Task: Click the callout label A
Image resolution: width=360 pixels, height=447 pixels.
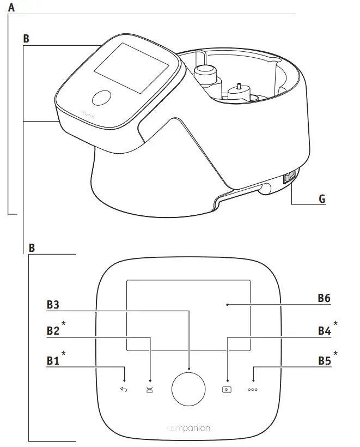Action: (12, 8)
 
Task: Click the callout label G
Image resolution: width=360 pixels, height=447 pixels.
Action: (322, 200)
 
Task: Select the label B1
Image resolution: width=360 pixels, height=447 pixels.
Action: (52, 360)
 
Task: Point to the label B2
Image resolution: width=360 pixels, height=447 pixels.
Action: (53, 331)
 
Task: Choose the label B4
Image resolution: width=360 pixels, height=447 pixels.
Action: (325, 331)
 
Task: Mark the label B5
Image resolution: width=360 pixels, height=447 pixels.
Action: (325, 360)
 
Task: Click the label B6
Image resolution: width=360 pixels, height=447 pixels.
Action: (325, 299)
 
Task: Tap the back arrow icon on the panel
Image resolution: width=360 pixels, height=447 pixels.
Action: (124, 389)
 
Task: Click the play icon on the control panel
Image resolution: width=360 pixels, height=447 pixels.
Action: (227, 389)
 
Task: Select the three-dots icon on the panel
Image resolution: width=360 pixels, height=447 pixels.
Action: (253, 390)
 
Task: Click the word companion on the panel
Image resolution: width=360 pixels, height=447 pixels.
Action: (188, 428)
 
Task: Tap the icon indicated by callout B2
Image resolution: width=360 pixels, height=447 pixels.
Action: (150, 389)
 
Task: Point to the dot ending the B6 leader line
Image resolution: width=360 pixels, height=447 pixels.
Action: (227, 305)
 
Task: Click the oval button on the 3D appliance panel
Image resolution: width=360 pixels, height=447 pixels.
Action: (101, 98)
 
